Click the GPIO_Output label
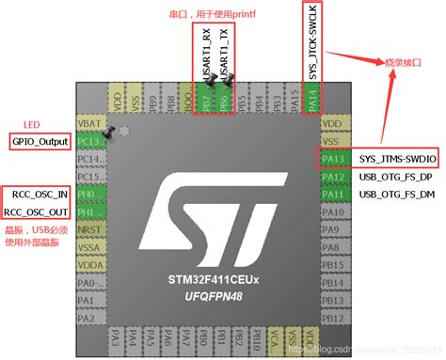pos(40,141)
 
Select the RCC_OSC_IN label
pos(40,195)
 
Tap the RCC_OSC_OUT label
pos(40,211)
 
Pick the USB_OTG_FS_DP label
pos(396,177)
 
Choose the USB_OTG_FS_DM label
pos(396,194)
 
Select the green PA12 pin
pos(332,177)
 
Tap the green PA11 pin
pos(332,194)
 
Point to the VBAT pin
pos(90,123)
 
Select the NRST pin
pos(90,229)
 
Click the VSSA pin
pos(90,246)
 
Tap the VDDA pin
pos(90,264)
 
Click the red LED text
pos(32,123)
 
